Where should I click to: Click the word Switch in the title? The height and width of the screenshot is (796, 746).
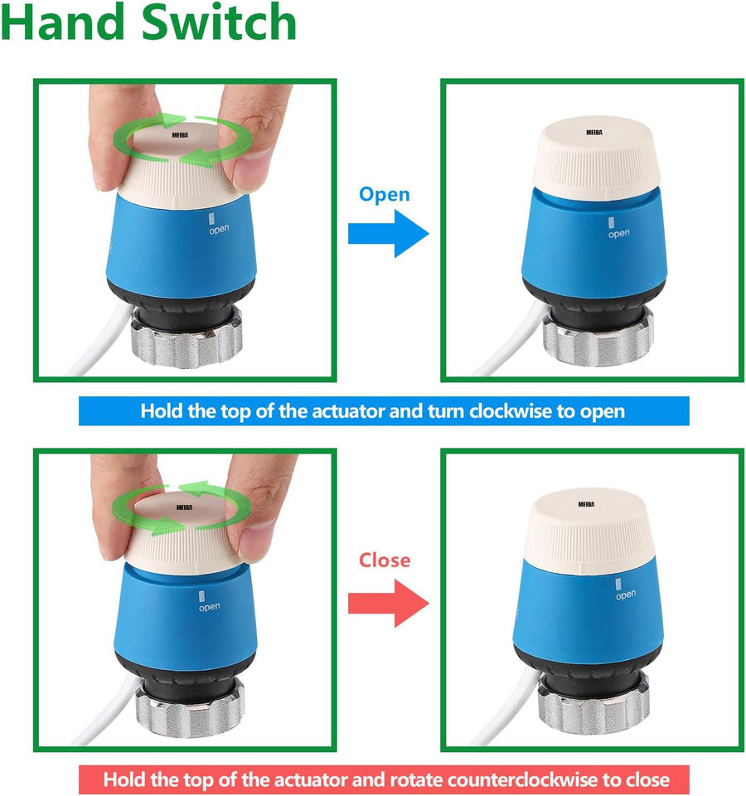point(219,22)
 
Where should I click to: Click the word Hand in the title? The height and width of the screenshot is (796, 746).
point(63,22)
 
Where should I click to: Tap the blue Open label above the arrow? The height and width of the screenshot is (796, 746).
point(384,195)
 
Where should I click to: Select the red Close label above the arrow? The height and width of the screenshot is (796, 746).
point(384,560)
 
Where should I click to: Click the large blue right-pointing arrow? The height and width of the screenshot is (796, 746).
point(388,234)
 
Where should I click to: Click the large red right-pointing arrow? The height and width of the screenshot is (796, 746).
point(388,603)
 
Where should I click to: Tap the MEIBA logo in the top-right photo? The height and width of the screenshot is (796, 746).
point(593,133)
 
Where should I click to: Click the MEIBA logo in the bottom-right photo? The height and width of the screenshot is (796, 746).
point(586,504)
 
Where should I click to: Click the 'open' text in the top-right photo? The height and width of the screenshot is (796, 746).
point(619,234)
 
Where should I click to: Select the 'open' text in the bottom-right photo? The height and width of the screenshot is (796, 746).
point(626,595)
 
